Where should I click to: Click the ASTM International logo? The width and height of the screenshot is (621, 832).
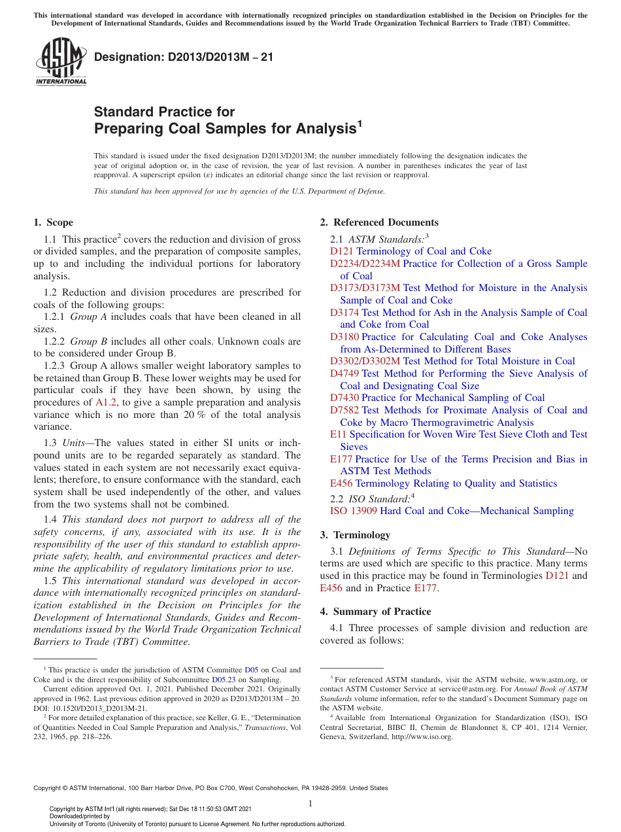coord(61,61)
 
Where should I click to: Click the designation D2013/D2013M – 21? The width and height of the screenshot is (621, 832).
coord(184,57)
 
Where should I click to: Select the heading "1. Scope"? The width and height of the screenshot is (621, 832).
coord(53,222)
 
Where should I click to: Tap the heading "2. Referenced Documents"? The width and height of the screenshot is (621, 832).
coord(379,222)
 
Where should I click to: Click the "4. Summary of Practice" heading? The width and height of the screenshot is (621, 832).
coord(375,612)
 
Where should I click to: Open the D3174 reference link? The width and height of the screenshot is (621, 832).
coord(344,313)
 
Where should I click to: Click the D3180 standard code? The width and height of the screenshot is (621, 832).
coord(344,337)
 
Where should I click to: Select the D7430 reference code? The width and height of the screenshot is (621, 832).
coord(344,398)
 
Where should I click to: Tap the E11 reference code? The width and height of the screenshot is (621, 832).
coord(338,434)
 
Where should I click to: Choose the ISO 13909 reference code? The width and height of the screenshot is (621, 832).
coord(353,511)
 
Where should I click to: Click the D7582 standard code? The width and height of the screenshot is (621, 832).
coord(344,410)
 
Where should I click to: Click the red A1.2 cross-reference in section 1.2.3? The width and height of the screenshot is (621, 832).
coord(105,402)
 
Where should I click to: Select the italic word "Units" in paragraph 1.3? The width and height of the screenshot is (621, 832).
coord(74,443)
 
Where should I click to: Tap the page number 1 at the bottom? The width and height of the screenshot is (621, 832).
coord(310,804)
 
